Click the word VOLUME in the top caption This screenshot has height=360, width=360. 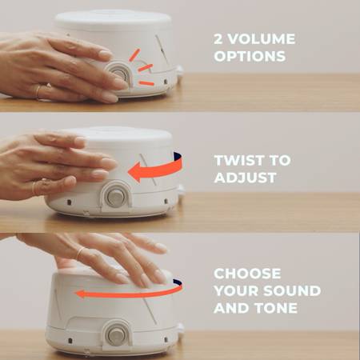[x=262, y=39]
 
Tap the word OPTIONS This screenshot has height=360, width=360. [x=250, y=56]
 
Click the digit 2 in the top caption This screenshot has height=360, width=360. [x=218, y=39]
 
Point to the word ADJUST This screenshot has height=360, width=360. [x=245, y=178]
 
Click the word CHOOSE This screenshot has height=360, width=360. [x=247, y=274]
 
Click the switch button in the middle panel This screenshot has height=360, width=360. [x=116, y=197]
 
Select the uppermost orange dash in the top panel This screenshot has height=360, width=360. [x=134, y=55]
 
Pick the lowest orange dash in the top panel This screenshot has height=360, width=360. [x=146, y=83]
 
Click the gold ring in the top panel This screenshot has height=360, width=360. [x=38, y=92]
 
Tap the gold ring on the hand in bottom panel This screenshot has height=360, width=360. [x=80, y=253]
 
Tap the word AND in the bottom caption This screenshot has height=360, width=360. [x=232, y=308]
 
